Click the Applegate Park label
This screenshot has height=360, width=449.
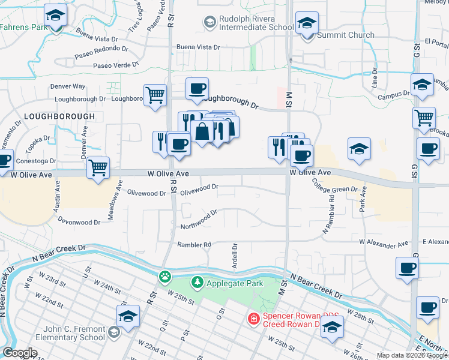(235, 282)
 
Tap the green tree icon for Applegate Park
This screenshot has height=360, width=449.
(197, 282)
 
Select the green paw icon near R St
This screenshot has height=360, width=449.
(164, 277)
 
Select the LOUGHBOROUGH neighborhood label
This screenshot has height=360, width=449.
(60, 116)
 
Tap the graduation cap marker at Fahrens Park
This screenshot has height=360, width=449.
(56, 17)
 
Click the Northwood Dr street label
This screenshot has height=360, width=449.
(199, 220)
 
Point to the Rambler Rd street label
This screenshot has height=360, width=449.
(194, 245)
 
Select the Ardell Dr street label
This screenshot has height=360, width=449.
(235, 256)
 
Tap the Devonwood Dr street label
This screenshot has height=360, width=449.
(79, 220)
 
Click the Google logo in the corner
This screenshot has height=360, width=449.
(20, 353)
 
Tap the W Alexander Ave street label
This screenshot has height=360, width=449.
(384, 244)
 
